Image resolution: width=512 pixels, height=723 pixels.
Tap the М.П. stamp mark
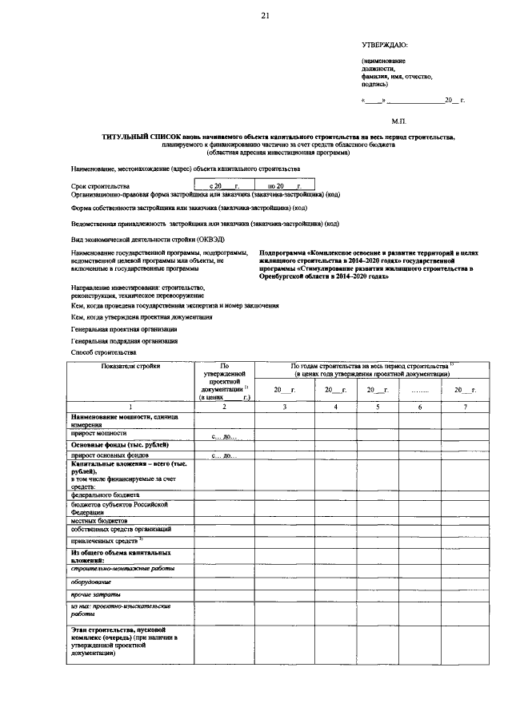click(399, 121)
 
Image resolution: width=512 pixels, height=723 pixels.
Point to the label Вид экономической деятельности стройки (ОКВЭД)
click(137, 239)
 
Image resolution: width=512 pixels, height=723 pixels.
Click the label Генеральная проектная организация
click(124, 328)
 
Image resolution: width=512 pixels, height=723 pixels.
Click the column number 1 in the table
click(130, 407)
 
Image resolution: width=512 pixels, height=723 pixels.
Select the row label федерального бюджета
click(105, 495)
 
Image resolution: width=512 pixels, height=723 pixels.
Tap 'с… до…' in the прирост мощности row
click(224, 436)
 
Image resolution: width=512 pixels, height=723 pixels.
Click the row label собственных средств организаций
click(120, 530)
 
